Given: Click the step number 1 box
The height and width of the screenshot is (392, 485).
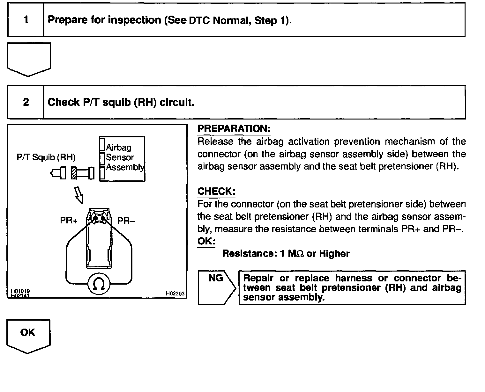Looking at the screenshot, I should tap(26, 20).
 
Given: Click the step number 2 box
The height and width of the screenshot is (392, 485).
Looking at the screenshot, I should tap(26, 102).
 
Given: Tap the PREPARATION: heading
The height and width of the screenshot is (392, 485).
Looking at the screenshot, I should tap(234, 129).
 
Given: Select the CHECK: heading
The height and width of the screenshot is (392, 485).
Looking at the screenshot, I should tap(216, 191).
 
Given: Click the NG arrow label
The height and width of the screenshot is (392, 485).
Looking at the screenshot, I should tap(216, 278).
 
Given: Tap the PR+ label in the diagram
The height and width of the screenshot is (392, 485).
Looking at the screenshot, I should tap(69, 221).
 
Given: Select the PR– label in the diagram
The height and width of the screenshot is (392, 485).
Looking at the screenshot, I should tap(126, 221).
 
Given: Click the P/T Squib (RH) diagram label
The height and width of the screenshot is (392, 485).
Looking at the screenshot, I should tap(46, 157).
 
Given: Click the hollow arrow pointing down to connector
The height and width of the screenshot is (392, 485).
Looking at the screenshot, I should tap(79, 195).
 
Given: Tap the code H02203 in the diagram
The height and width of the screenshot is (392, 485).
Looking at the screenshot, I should tap(175, 294).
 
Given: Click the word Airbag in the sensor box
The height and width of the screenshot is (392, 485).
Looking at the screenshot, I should tap(119, 148).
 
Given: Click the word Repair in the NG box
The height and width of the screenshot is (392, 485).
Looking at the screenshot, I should tap(258, 278).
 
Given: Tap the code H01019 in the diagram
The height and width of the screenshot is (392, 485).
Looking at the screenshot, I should tap(20, 291).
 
